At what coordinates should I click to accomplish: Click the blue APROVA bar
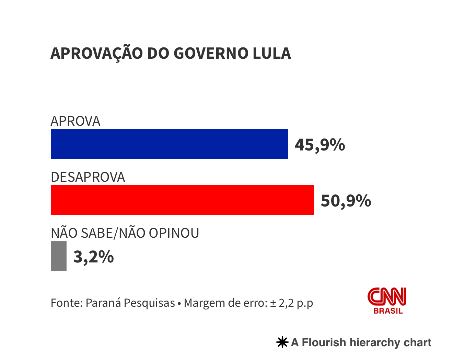pyautogui.click(x=169, y=144)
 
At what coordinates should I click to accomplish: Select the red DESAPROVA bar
pyautogui.click(x=182, y=200)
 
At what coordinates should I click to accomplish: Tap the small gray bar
pyautogui.click(x=59, y=256)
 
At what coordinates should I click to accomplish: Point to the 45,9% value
pyautogui.click(x=320, y=145)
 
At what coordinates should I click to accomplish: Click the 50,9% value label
pyautogui.click(x=346, y=201)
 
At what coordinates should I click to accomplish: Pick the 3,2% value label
pyautogui.click(x=93, y=257)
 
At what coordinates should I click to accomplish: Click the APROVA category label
pyautogui.click(x=75, y=121)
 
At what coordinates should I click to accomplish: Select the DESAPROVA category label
pyautogui.click(x=88, y=177)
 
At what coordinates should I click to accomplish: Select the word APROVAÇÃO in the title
pyautogui.click(x=96, y=53)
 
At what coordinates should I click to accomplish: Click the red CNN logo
pyautogui.click(x=387, y=296)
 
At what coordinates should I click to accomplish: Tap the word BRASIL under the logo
pyautogui.click(x=388, y=311)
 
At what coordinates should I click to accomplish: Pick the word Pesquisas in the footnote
pyautogui.click(x=149, y=303)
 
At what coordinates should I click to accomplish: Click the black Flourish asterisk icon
pyautogui.click(x=282, y=342)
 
